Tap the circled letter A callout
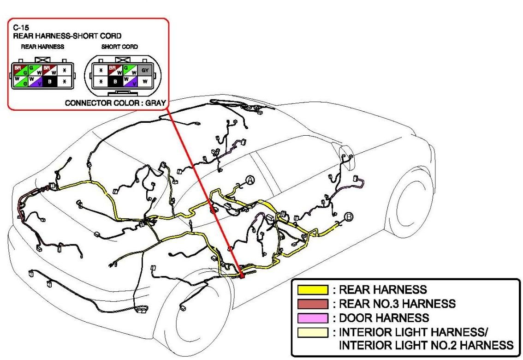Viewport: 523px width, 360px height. (x=250, y=180)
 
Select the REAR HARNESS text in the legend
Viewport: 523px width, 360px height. (x=383, y=290)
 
